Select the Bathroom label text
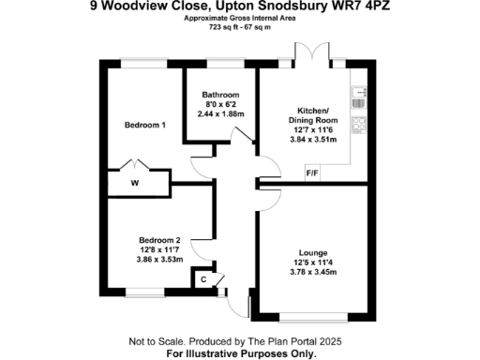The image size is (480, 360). (221, 95)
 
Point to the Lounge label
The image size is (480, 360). (312, 253)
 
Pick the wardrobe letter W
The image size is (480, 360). (135, 183)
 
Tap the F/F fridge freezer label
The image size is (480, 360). (312, 172)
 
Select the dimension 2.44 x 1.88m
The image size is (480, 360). (221, 113)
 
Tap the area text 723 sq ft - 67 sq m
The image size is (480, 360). (240, 27)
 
